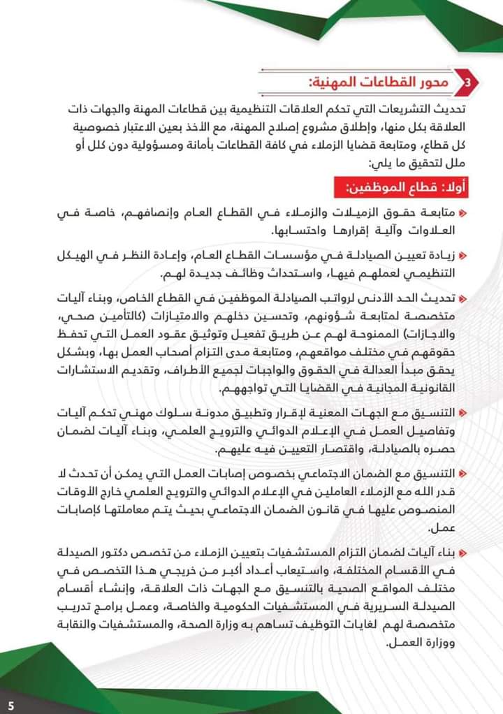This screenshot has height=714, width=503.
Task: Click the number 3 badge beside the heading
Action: [x=467, y=83]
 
